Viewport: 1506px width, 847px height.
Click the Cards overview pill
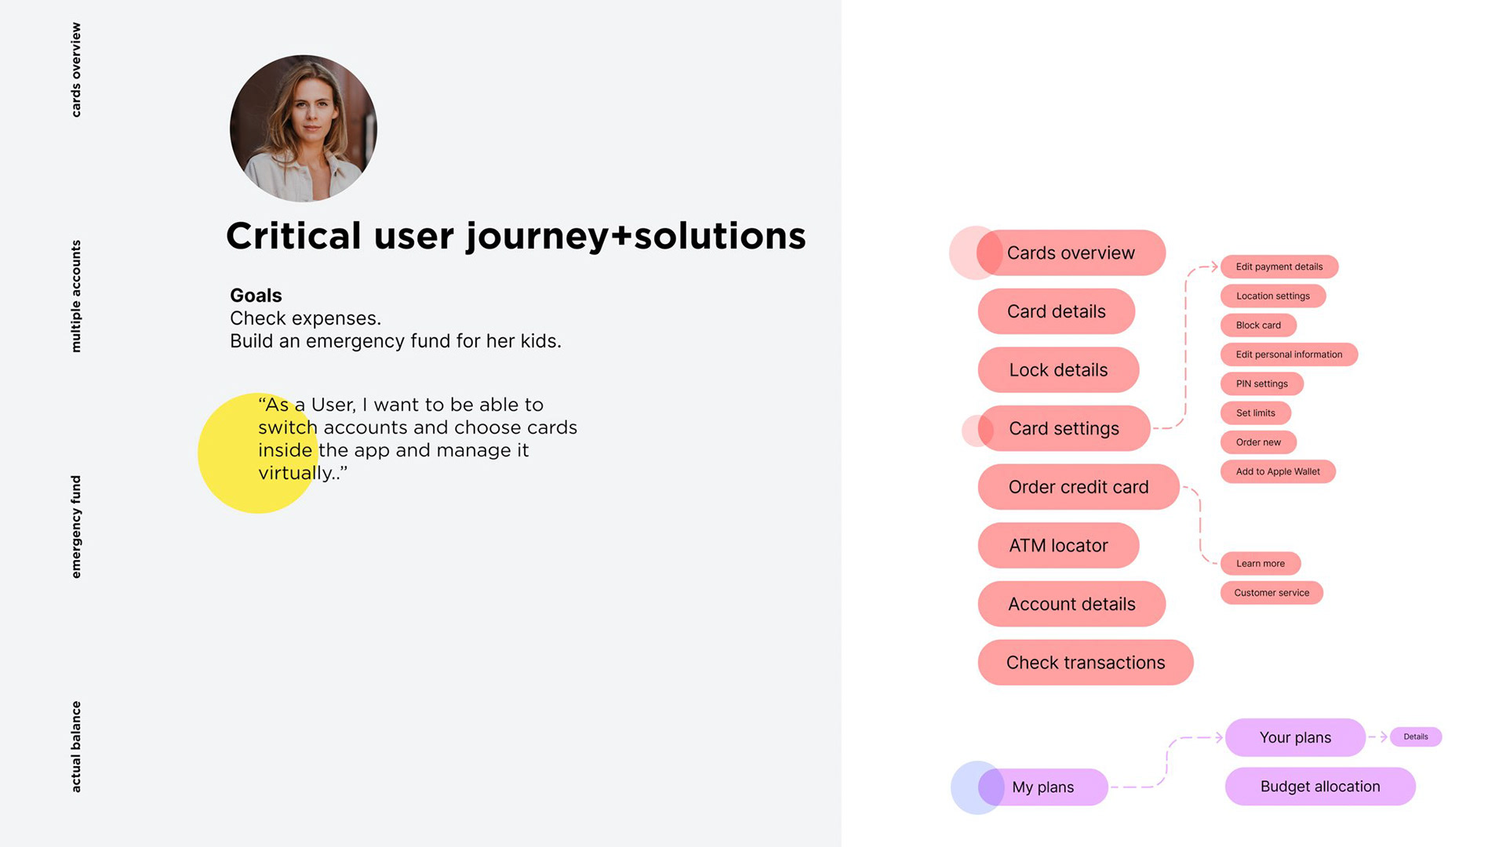coord(1071,253)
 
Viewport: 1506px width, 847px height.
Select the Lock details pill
coord(1058,369)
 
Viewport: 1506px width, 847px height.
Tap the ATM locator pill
coord(1058,545)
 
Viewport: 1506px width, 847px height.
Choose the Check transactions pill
coord(1086,662)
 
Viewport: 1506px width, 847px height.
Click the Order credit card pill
coord(1079,486)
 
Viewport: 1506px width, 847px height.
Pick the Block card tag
coord(1258,325)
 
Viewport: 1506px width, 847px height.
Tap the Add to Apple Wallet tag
coord(1278,471)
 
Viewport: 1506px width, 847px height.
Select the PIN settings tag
coord(1262,384)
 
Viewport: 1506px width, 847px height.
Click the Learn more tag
coord(1260,563)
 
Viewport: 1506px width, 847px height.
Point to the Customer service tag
coord(1271,592)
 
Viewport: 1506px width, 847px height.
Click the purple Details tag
coord(1416,736)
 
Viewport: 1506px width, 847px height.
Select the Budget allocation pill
coord(1320,786)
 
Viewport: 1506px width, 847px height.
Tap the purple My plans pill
coord(1043,787)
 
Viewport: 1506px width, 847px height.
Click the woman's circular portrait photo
coord(304,129)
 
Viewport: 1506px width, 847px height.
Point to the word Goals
coord(256,296)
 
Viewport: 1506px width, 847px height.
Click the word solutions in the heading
coord(719,235)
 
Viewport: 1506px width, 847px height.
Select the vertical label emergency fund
coord(76,527)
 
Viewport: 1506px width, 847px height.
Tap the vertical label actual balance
coord(76,747)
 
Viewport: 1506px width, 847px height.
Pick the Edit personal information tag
coord(1289,354)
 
